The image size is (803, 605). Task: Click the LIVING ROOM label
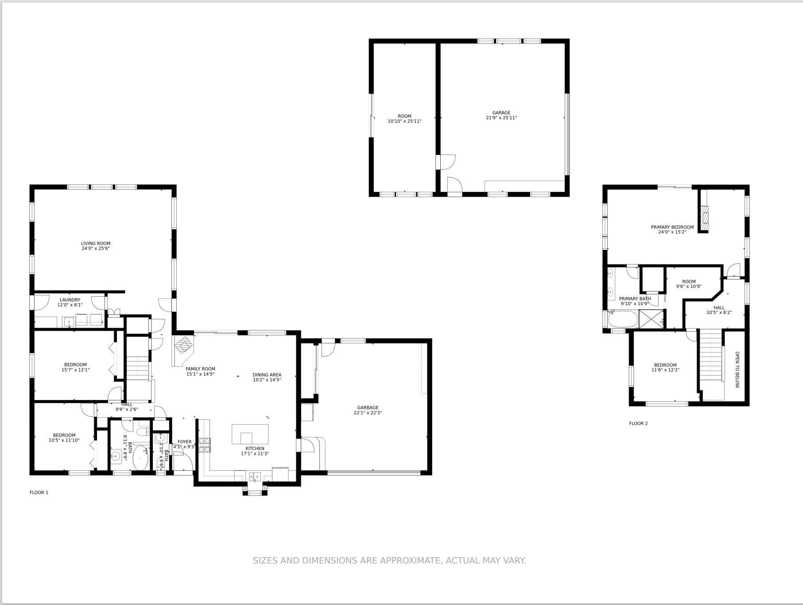[x=96, y=243]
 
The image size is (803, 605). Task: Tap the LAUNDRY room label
[x=70, y=300]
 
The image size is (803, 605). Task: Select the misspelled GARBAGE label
[x=368, y=407]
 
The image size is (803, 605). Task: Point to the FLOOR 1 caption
[x=39, y=493]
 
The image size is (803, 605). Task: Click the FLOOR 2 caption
[x=638, y=423]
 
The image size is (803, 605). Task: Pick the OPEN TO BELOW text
[x=737, y=370]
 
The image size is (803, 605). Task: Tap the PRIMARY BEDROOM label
[x=672, y=227]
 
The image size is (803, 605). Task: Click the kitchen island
[x=250, y=434]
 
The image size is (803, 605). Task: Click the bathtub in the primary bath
[x=623, y=319]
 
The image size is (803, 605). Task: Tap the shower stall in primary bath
[x=651, y=319]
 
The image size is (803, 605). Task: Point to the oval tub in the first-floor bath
[x=141, y=458]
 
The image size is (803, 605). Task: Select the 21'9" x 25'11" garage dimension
[x=501, y=118]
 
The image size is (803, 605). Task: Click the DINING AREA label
[x=267, y=375]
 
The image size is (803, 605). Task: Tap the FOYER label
[x=185, y=442]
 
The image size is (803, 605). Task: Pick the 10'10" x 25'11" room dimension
[x=404, y=121]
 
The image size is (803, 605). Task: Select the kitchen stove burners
[x=204, y=445]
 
